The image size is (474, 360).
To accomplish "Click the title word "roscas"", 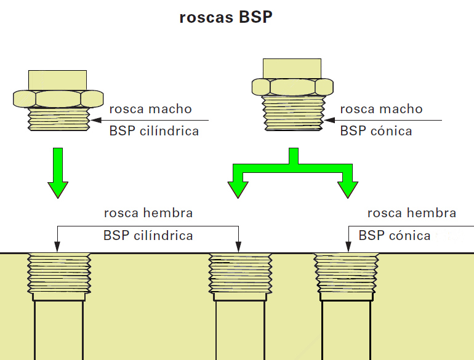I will click(x=206, y=17).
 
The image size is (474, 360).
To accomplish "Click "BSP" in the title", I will click(x=255, y=17).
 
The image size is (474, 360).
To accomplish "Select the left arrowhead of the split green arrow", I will click(x=236, y=185).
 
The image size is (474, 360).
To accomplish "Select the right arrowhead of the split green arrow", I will click(x=347, y=185).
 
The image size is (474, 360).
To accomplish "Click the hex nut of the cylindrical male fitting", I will click(x=58, y=98).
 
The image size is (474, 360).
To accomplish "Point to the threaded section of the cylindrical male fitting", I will click(x=58, y=118).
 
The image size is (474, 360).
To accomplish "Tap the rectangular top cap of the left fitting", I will click(x=58, y=79).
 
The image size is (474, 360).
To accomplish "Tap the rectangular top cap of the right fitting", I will click(x=292, y=68).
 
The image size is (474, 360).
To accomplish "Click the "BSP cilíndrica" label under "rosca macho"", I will click(x=154, y=131).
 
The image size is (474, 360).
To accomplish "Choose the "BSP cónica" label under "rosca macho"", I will click(x=376, y=131).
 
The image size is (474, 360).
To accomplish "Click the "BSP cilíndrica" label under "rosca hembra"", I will click(x=148, y=236).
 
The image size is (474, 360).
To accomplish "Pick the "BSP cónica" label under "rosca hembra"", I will click(x=395, y=236).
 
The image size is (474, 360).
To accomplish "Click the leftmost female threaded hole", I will click(x=59, y=274).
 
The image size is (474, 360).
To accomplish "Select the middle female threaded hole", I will click(x=240, y=274).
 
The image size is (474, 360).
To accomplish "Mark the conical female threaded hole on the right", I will click(x=346, y=274).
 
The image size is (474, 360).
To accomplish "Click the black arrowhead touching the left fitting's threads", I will click(x=95, y=120).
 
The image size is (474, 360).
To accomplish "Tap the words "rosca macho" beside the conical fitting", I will click(x=381, y=110).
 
